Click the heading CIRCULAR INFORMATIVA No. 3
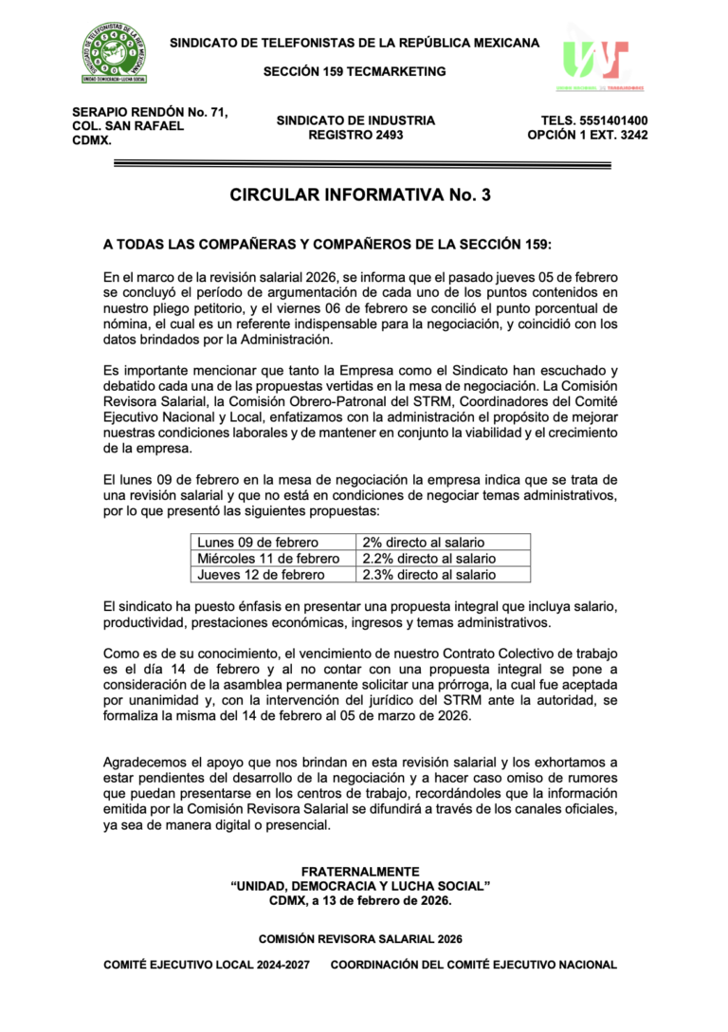[x=360, y=195]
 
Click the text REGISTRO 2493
[x=355, y=136]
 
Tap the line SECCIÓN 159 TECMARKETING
[x=355, y=71]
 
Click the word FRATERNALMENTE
[x=360, y=871]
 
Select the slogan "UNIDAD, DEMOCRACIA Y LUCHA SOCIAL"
[x=360, y=885]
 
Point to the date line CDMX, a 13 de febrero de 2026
[x=360, y=900]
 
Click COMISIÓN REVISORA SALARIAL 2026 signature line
[x=360, y=939]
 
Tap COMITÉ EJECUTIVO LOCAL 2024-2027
[x=207, y=965]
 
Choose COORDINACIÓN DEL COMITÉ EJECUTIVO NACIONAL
[x=474, y=965]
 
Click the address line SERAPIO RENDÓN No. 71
[x=150, y=113]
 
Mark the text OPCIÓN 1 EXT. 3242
[x=588, y=136]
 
